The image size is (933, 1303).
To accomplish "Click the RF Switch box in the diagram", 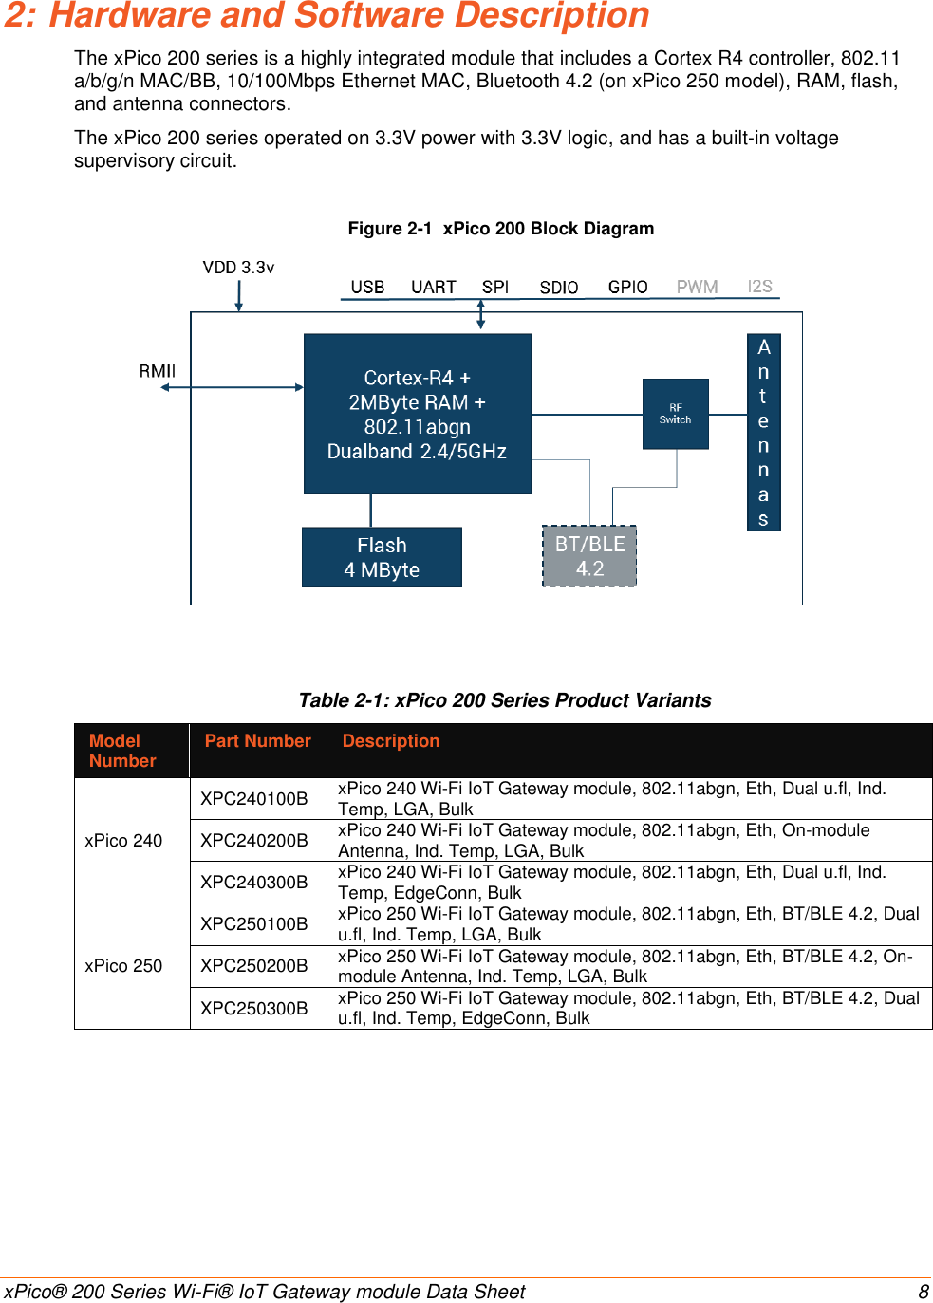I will pos(675,414).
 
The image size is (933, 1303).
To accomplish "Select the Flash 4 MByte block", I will pos(382,557).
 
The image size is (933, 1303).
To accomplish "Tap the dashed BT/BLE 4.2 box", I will pos(589,556).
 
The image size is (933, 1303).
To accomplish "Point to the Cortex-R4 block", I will pos(417,414).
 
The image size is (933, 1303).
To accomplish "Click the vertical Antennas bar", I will pos(763,432).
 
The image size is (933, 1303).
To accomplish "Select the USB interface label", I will pos(367,287).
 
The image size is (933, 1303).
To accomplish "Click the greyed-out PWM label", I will pos(697,287).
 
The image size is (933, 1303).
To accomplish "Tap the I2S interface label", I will pos(759,286).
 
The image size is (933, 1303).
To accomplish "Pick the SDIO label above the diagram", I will pos(558,288).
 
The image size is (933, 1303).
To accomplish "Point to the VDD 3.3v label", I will pos(238,268).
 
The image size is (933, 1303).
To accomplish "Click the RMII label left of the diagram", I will pos(158,371).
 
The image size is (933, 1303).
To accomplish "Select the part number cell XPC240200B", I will pos(254,840).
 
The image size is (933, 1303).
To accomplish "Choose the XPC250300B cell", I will pos(254,1008).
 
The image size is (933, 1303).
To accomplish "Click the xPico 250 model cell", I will pos(123,965).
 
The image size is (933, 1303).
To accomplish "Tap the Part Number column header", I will pos(257,741).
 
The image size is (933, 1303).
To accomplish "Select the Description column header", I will pos(390,741).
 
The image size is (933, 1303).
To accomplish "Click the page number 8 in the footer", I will pos(923,1292).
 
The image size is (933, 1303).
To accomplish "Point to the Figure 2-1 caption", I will pos(500,229).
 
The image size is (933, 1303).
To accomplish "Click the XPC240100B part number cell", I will pos(254,798).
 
